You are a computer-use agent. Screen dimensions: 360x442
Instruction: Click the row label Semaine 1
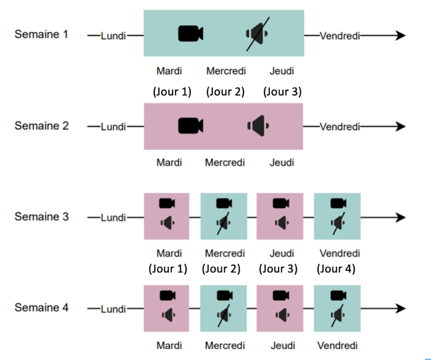(x=41, y=34)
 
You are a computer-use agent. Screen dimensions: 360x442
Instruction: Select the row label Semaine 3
(x=42, y=217)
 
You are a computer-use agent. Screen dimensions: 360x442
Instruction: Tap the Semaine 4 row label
(x=42, y=308)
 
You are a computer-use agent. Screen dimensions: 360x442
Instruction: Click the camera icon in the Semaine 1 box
(x=190, y=34)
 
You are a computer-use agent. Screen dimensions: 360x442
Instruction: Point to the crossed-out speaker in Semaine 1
(x=257, y=34)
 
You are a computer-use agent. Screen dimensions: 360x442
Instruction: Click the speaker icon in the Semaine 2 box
(x=258, y=126)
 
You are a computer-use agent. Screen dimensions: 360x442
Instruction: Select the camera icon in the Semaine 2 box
(x=190, y=126)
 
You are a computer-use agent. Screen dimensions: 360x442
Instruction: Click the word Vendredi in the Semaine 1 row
(x=340, y=36)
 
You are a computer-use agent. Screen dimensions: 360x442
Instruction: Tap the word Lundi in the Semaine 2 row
(x=113, y=127)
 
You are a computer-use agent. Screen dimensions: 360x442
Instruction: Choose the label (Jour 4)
(x=336, y=269)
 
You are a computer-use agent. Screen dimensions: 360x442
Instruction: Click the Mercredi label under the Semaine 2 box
(x=225, y=163)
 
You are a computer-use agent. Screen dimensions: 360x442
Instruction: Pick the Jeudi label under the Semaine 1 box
(x=282, y=71)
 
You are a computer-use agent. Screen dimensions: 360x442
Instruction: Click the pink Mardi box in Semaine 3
(x=167, y=216)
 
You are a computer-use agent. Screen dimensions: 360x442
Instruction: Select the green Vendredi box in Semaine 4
(x=337, y=308)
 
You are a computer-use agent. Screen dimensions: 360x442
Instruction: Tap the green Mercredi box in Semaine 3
(x=224, y=216)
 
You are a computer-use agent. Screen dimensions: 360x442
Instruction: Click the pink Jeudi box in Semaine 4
(x=280, y=308)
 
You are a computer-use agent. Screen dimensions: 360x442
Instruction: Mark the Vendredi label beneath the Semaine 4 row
(x=337, y=346)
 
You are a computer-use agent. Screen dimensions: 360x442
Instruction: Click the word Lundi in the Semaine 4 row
(x=113, y=309)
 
